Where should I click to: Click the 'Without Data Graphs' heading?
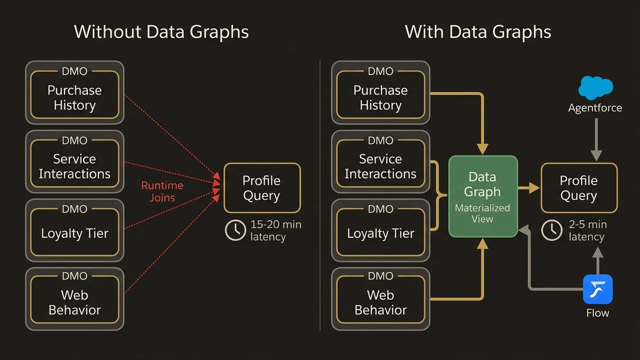coord(161,32)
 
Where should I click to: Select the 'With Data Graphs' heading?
coord(478,32)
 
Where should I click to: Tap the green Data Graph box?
coord(483,196)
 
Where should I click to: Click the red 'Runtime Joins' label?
coord(162,191)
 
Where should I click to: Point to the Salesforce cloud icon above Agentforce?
coord(596,87)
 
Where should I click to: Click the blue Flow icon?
coord(597,289)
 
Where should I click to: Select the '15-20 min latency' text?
coord(275,230)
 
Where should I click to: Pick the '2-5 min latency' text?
coord(587,230)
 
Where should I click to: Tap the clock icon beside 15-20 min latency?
coord(235,230)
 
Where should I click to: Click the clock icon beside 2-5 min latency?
coord(552,230)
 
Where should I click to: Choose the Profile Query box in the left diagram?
coord(261,188)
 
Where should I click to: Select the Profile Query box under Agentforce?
coord(579,188)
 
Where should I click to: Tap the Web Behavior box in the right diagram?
coord(380,299)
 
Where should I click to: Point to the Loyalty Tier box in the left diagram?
coord(75,230)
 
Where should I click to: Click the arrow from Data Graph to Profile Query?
coord(529,188)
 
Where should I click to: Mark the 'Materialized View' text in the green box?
coord(482,213)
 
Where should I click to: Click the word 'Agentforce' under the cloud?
coord(595,108)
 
